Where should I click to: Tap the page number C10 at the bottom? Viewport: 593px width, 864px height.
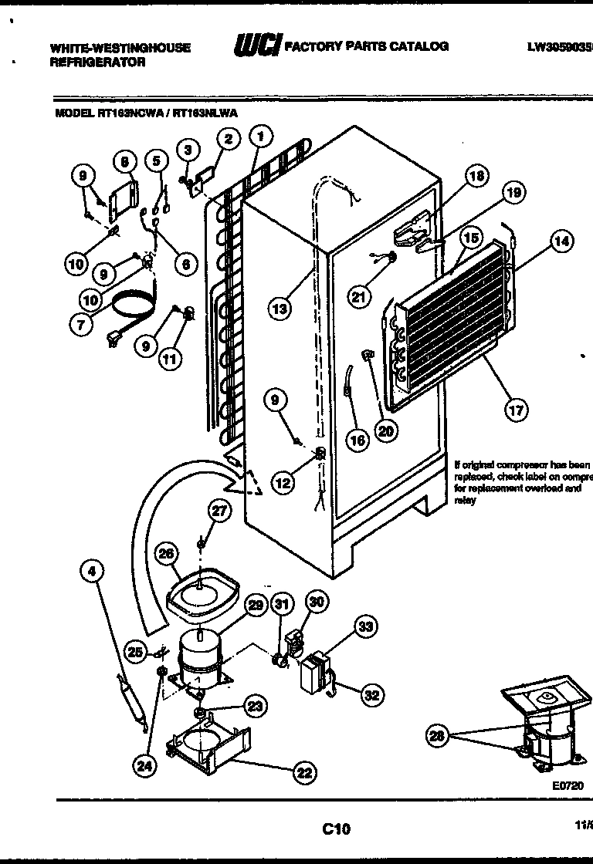(x=336, y=829)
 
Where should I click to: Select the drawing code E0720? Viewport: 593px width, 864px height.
(x=567, y=785)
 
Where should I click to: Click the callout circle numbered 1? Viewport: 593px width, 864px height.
(x=261, y=137)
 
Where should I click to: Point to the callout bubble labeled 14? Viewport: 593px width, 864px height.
(x=561, y=241)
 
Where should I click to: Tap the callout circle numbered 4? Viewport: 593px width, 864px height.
(x=93, y=572)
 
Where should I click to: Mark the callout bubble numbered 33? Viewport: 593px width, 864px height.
(x=365, y=627)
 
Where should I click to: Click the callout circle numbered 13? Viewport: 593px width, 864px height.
(x=280, y=309)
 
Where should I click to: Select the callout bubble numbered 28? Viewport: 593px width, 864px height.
(x=439, y=736)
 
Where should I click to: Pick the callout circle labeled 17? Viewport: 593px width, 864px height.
(x=516, y=410)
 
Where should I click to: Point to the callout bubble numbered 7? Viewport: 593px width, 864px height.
(x=81, y=324)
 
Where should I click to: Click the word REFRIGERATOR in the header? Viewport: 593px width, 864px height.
(x=97, y=62)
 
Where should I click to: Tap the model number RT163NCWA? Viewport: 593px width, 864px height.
(x=129, y=113)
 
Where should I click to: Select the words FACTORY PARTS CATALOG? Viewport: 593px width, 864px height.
(x=367, y=46)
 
